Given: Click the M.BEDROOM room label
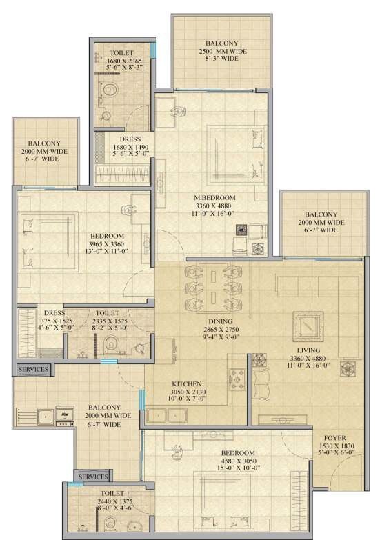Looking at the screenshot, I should coord(214,198).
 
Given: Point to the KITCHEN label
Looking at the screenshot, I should coord(186,383).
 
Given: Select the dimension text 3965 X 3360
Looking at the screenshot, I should coord(106,243).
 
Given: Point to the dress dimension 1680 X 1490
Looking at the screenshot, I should coord(130,147).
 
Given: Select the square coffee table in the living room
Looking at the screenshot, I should coord(304,325).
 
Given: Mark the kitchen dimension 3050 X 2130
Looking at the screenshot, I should coord(186,392).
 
